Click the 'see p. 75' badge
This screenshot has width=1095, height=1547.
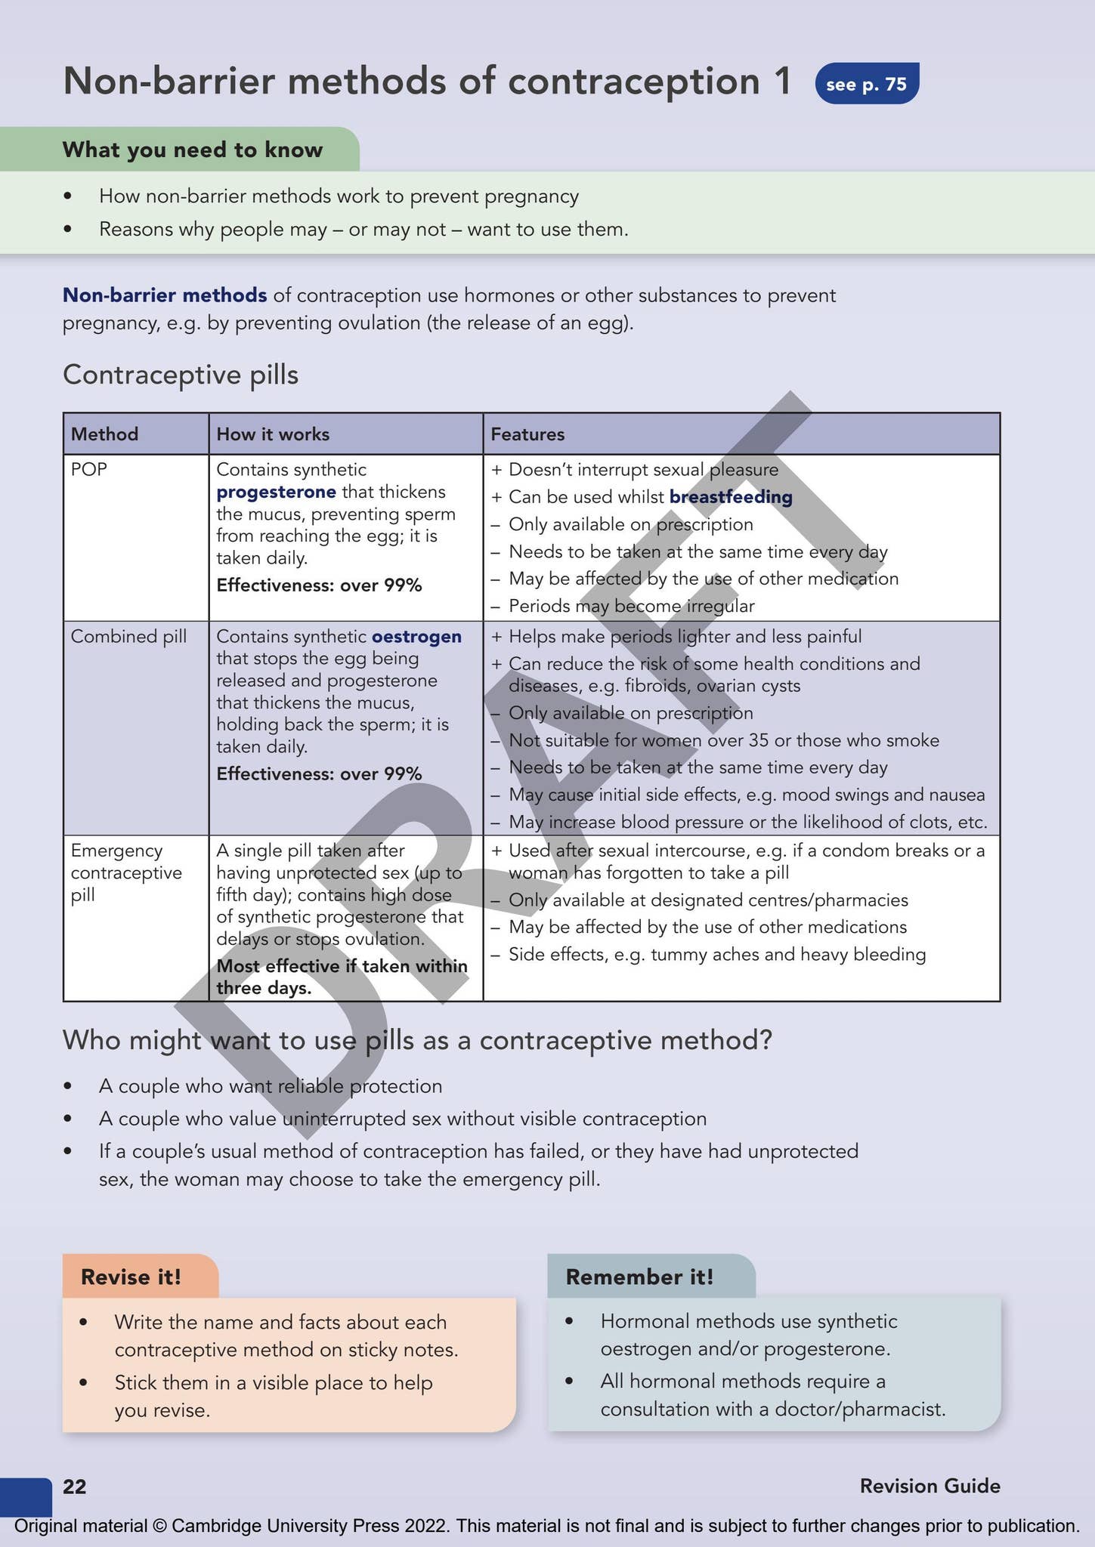tap(866, 84)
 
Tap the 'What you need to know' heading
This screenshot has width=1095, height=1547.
tap(193, 150)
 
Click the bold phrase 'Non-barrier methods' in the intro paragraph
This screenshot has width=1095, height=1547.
tap(165, 295)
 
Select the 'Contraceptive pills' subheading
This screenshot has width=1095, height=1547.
tap(181, 375)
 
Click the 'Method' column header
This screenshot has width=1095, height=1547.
tap(104, 434)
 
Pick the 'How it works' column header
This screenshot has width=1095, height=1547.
tap(273, 434)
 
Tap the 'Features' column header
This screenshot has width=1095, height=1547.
tap(527, 434)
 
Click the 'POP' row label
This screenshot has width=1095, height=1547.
tap(89, 469)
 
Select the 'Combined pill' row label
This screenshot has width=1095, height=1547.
tap(128, 636)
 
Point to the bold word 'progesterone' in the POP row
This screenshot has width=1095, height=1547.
tap(276, 492)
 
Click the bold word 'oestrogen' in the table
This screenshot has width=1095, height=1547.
tap(416, 636)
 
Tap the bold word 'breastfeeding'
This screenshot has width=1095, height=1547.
tap(731, 497)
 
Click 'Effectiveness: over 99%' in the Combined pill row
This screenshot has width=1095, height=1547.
tap(319, 773)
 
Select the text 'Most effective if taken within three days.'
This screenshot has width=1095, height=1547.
tap(342, 977)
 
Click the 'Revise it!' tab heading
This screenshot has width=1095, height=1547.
tap(131, 1277)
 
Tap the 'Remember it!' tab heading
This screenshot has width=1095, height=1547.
tap(639, 1277)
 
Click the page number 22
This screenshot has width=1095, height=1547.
tap(75, 1487)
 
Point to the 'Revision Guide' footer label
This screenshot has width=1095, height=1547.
tap(930, 1487)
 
